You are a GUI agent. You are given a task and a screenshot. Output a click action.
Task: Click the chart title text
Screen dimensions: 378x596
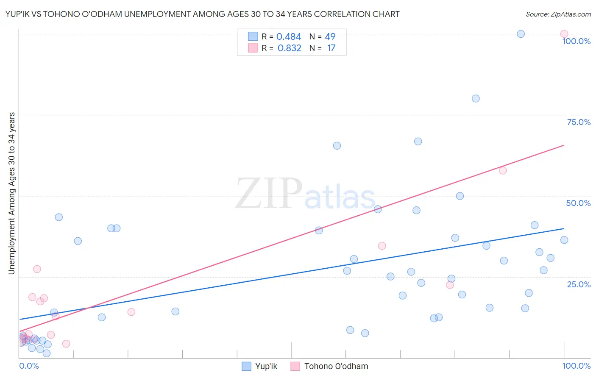coord(203,14)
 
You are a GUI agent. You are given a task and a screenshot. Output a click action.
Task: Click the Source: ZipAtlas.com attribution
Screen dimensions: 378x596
coord(558,14)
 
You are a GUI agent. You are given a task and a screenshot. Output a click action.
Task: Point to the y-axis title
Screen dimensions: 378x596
coord(11,193)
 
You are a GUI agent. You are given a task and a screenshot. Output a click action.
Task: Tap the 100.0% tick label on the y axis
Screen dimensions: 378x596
coord(576,41)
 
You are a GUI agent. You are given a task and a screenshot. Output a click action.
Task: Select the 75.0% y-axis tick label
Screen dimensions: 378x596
coord(579,122)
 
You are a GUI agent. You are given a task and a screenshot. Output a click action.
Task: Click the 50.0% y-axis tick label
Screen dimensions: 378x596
coord(578,203)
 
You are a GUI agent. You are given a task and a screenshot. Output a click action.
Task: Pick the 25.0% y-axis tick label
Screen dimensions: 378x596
coord(579,284)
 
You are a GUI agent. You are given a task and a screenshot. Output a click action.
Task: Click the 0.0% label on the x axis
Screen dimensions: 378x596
coord(29,366)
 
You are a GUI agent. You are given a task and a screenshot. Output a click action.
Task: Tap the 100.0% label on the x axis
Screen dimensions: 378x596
coord(576,366)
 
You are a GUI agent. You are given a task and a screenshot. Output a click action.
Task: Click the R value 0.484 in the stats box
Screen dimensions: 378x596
coord(289,37)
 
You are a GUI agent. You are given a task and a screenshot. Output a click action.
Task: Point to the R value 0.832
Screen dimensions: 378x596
coord(289,48)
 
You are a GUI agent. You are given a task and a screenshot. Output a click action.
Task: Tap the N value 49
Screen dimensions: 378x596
coord(330,37)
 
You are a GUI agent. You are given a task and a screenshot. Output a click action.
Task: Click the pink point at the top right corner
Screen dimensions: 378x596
coord(564,34)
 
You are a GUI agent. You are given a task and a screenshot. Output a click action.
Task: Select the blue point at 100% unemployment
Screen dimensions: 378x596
coord(521,34)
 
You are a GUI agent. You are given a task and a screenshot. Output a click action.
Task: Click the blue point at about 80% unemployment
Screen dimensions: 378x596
coord(476,98)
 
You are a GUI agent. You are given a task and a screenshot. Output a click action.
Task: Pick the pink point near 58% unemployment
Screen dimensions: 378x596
coord(503,170)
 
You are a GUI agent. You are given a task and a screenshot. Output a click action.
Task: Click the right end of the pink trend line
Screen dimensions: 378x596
coord(564,145)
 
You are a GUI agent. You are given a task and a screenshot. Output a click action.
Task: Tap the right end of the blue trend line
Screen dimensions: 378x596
coord(564,228)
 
